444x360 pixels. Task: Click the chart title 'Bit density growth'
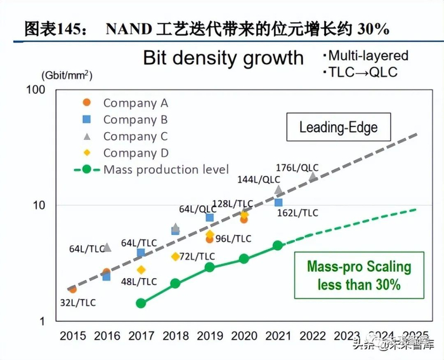click(x=223, y=58)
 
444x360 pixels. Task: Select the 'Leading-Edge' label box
click(x=338, y=128)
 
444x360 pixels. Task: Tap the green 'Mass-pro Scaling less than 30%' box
click(x=359, y=275)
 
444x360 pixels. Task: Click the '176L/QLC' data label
click(x=297, y=168)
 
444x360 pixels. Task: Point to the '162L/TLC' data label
click(x=298, y=213)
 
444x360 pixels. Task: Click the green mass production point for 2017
click(x=141, y=303)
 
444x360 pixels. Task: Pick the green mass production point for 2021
click(x=278, y=246)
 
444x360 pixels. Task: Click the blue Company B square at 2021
click(x=278, y=203)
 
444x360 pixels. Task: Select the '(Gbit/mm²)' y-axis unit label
click(x=67, y=76)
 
